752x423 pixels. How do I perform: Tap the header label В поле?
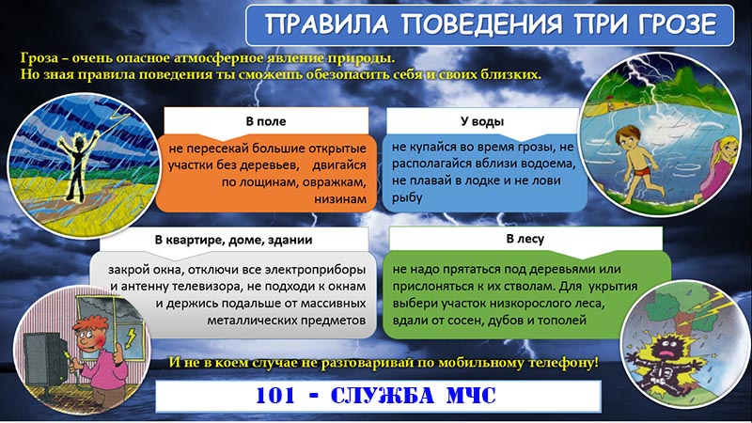coord(266,121)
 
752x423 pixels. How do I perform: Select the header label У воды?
coord(482,121)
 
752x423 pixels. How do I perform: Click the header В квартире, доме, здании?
coord(233,240)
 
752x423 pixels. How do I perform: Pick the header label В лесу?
coord(525,239)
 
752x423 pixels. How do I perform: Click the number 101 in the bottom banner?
coord(275,396)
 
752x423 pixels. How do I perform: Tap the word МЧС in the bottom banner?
coord(471,396)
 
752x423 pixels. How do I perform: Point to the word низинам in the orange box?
coord(340,198)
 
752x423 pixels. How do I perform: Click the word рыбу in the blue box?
coord(407,197)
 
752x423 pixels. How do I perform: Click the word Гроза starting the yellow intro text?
coord(39,58)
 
